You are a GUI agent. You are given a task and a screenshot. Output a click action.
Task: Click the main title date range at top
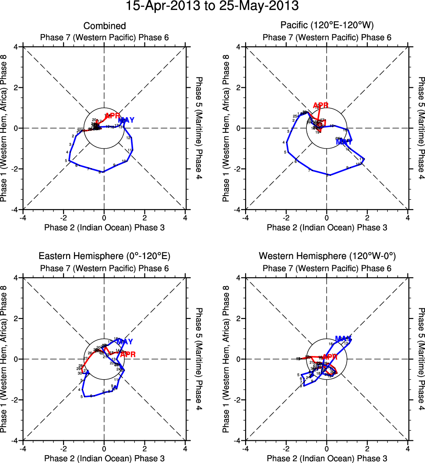pyautogui.click(x=212, y=7)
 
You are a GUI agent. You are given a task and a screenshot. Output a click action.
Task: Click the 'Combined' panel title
pyautogui.click(x=104, y=26)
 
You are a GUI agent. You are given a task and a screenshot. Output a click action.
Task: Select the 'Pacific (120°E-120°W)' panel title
pyautogui.click(x=327, y=26)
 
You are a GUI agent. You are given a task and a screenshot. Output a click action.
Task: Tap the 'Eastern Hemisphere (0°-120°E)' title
pyautogui.click(x=104, y=256)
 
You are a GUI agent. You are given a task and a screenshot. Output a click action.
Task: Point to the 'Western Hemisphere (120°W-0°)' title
pyautogui.click(x=327, y=256)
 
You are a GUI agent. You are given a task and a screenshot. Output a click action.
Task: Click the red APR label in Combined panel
pyautogui.click(x=112, y=116)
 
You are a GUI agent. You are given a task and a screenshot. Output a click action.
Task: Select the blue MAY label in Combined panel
pyautogui.click(x=126, y=120)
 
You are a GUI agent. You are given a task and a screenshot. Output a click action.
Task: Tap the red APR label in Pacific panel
pyautogui.click(x=321, y=105)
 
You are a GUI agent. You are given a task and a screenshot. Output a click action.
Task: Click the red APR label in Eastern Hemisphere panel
pyautogui.click(x=128, y=355)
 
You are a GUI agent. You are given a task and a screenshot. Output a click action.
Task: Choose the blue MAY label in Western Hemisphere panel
pyautogui.click(x=344, y=339)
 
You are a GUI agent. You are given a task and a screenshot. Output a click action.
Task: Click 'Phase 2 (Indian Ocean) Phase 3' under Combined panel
pyautogui.click(x=104, y=228)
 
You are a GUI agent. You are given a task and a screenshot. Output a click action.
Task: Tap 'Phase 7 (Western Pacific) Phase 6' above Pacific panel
pyautogui.click(x=327, y=38)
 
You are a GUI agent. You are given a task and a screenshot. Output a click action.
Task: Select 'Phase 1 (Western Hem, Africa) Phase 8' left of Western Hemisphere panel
pyautogui.click(x=226, y=359)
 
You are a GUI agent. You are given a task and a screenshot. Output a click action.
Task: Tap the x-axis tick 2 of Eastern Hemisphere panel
pyautogui.click(x=145, y=448)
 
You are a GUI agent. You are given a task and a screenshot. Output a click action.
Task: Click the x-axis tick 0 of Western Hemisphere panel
pyautogui.click(x=327, y=448)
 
